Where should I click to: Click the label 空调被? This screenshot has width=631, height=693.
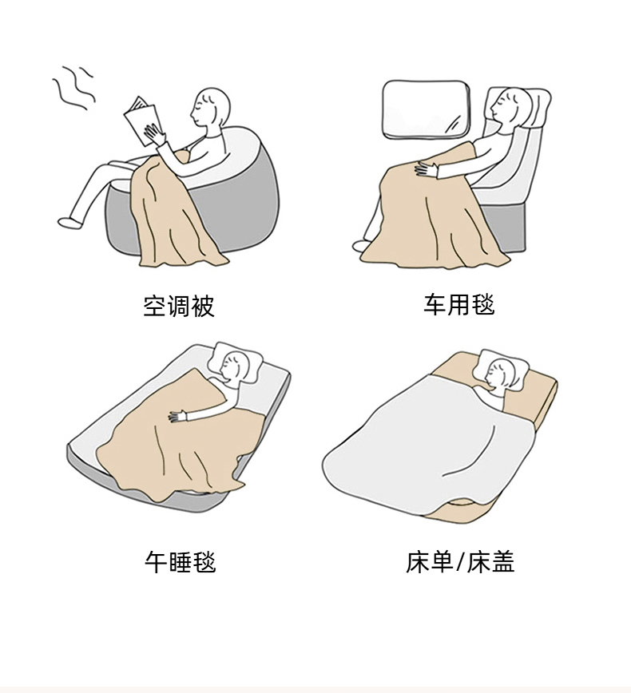179,306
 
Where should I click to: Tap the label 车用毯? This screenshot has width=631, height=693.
459,304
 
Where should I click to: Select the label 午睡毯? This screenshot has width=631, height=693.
181,562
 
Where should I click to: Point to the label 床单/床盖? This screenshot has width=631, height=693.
460,562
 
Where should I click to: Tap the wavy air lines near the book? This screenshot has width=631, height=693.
73,89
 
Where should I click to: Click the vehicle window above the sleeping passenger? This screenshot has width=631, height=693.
427,108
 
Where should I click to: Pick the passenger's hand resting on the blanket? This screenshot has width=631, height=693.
426,169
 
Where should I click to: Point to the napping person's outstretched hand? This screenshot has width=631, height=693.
178,416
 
